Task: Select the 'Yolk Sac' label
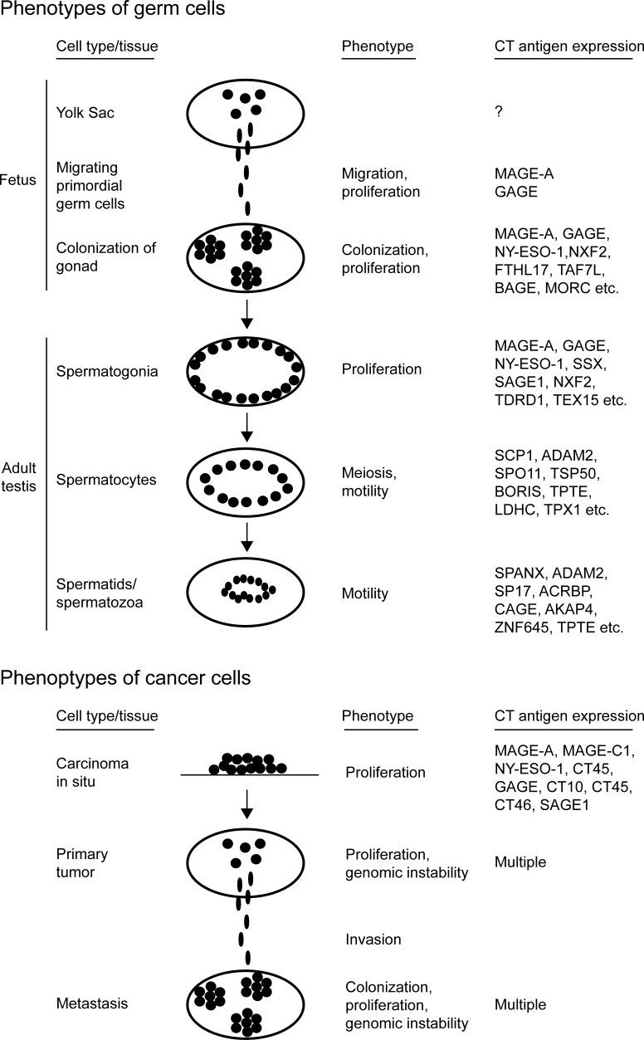point(85,112)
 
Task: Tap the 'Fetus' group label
point(18,180)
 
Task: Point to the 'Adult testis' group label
point(18,476)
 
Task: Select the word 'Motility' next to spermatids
point(366,594)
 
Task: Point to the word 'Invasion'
point(373,940)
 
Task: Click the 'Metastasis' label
point(92,1004)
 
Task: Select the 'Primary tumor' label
point(82,862)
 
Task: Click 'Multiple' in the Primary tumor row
point(520,862)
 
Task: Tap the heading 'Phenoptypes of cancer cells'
point(125,676)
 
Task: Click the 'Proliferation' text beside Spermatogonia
point(380,369)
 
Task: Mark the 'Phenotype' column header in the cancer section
point(378,715)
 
